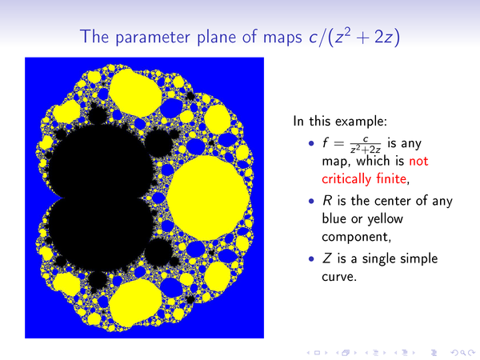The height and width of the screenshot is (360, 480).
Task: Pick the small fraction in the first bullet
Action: pos(366,145)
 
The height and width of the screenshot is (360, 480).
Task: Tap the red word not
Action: pos(418,161)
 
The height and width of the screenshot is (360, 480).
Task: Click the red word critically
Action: pos(347,179)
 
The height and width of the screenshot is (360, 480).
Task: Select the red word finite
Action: pos(393,178)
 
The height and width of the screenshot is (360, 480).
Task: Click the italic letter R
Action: pos(327,201)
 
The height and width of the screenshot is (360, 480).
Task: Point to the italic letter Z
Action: pos(327,258)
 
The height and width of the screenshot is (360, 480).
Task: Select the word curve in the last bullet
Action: pos(338,277)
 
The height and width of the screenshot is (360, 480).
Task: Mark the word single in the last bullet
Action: pos(380,259)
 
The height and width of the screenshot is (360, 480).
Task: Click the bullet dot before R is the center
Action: pos(312,201)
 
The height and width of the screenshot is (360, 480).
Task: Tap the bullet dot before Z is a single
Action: pos(312,259)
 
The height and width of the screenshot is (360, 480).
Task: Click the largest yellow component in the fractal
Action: pos(208,198)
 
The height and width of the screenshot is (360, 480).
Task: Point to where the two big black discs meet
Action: pos(62,198)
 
